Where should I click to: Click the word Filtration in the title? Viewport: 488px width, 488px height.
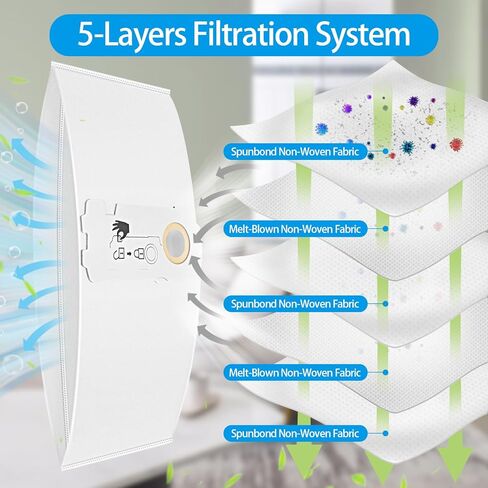[x=251, y=35]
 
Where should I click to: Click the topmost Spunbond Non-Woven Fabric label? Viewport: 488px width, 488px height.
[x=295, y=152]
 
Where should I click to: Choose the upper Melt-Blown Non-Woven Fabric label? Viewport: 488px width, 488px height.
[x=295, y=229]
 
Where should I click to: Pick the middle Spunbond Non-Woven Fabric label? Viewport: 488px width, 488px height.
[x=295, y=304]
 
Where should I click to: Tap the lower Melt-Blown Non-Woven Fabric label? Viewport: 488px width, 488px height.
[x=295, y=372]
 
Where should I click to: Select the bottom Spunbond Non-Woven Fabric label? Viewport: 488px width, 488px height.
[x=295, y=433]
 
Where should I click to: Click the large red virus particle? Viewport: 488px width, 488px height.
[x=456, y=144]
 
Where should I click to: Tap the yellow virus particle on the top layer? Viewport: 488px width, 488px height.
[x=430, y=119]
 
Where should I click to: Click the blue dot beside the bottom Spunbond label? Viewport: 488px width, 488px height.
[x=386, y=433]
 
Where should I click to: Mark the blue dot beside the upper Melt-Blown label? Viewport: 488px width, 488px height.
[x=386, y=229]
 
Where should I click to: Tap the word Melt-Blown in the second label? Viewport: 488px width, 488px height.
[x=253, y=229]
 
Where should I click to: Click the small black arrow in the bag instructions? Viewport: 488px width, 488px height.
[x=131, y=254]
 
